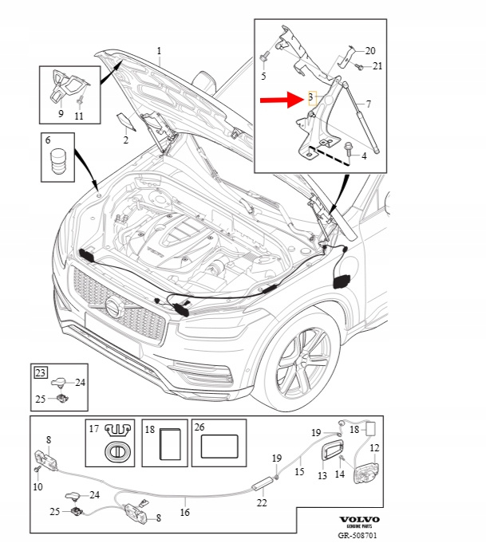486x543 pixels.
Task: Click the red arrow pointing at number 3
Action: click(279, 101)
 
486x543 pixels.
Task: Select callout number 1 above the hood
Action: click(159, 51)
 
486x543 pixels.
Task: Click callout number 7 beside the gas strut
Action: click(369, 104)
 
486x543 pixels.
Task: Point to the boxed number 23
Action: click(40, 371)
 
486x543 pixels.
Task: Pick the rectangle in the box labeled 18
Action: click(170, 444)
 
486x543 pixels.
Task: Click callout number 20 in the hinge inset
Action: click(370, 50)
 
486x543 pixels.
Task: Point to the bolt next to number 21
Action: click(360, 67)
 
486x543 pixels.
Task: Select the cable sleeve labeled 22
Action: click(263, 482)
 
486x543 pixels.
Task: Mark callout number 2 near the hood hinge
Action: click(125, 140)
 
